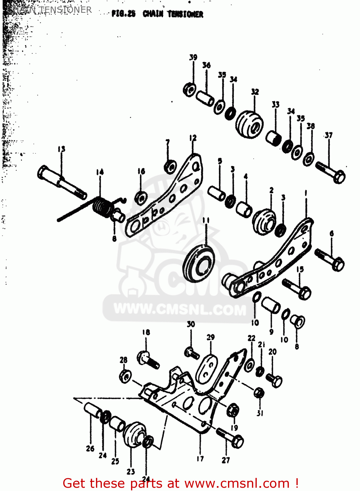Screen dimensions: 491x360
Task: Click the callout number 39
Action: tap(193, 57)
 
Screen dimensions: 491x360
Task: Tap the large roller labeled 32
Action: tap(249, 125)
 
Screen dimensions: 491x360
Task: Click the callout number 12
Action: tap(193, 138)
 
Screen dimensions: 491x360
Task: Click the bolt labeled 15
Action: tap(297, 288)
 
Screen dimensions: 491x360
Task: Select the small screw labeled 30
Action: tap(191, 353)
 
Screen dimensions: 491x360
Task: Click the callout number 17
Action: tap(200, 459)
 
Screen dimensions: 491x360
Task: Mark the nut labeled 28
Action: tap(125, 376)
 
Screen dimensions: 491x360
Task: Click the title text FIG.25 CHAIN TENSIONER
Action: tap(157, 14)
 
